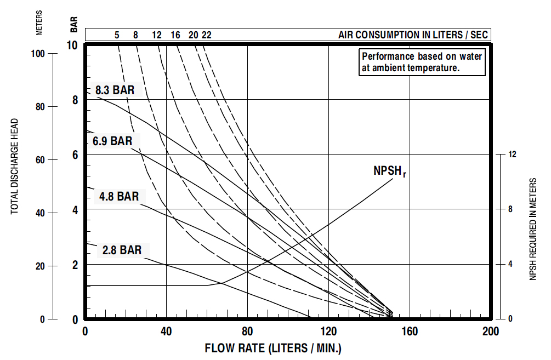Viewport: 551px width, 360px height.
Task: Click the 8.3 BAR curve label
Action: (x=115, y=90)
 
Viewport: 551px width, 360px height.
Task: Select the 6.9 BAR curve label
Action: (x=112, y=141)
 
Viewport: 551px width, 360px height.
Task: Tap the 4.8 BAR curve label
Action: (x=119, y=196)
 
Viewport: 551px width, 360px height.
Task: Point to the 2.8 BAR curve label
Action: (x=122, y=250)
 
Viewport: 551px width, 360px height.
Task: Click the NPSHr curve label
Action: (x=389, y=171)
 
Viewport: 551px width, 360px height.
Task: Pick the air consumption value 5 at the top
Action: (x=117, y=35)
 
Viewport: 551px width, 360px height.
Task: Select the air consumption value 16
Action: (x=175, y=35)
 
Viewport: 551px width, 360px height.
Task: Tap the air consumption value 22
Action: (x=206, y=35)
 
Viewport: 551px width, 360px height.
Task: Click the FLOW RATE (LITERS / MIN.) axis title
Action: (x=273, y=348)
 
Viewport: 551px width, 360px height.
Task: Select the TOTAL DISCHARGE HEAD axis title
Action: (x=15, y=166)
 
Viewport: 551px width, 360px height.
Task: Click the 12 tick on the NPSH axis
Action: (x=513, y=155)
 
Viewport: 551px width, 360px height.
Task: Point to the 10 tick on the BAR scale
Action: (x=72, y=45)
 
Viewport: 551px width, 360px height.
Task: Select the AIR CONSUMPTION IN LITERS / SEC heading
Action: (x=412, y=35)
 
